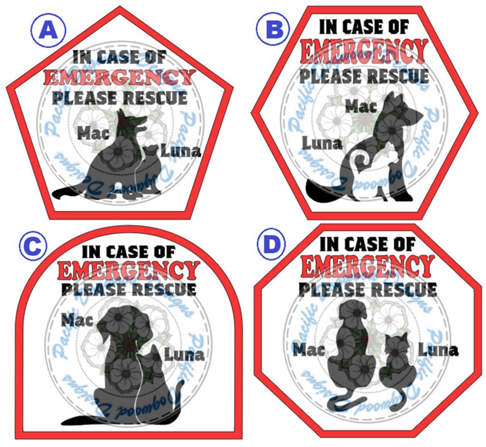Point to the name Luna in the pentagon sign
(x=181, y=151)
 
